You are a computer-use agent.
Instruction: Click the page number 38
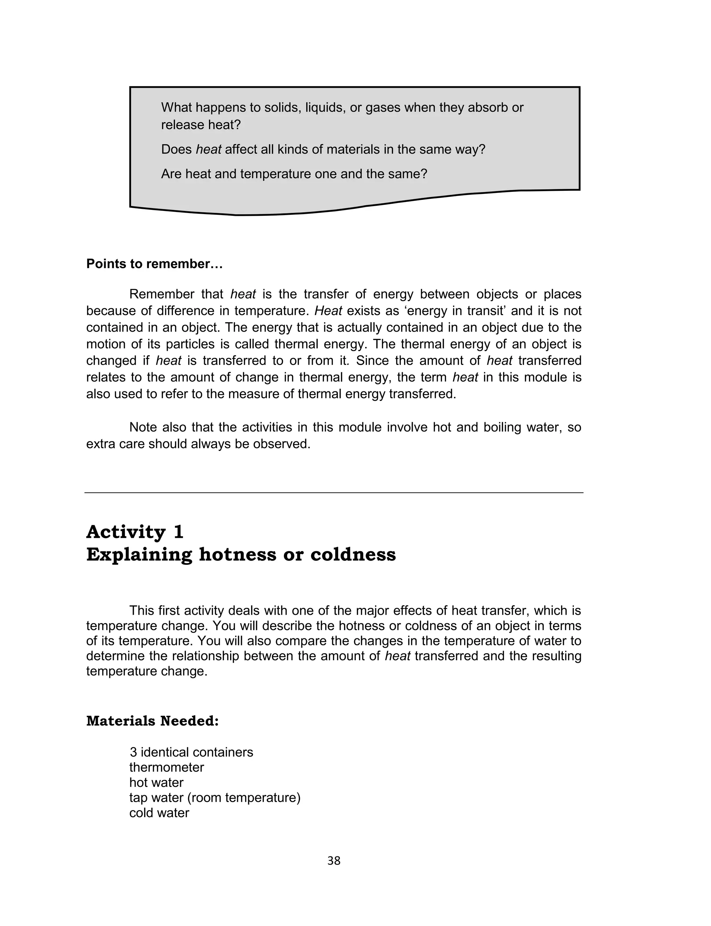click(334, 860)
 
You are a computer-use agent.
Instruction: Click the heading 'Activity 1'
click(135, 532)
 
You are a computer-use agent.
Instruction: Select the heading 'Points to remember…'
click(154, 264)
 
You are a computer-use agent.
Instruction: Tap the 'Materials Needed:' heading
click(152, 721)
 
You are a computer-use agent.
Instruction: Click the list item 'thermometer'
click(166, 767)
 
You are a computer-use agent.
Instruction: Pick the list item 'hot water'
click(156, 782)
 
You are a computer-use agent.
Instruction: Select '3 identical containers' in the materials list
click(191, 752)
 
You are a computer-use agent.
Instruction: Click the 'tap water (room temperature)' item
click(215, 798)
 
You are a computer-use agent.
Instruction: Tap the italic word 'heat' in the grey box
click(208, 149)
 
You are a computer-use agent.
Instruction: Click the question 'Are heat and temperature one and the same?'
click(294, 174)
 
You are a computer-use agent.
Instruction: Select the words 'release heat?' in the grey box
click(201, 125)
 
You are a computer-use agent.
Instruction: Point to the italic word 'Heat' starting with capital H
click(328, 311)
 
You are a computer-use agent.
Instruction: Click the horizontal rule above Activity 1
click(334, 493)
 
